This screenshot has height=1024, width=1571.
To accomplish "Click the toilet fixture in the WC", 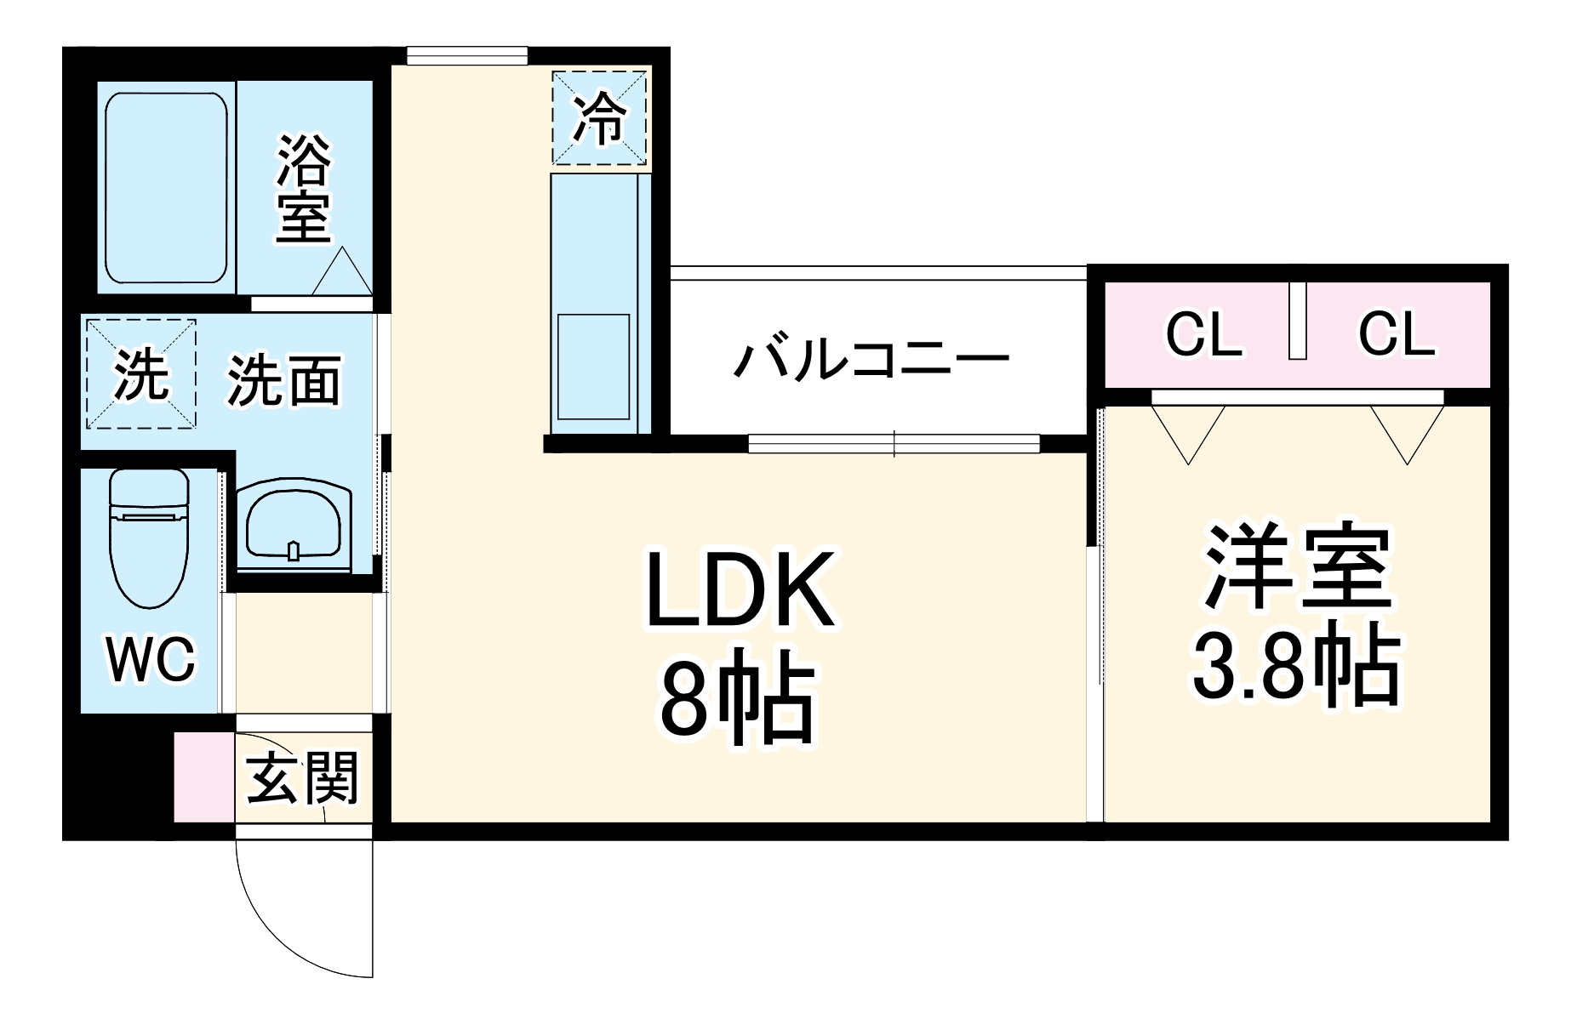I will click(x=149, y=540).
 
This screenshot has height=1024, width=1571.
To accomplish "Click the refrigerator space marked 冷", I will click(x=599, y=118).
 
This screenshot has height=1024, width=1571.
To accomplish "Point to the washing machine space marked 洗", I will click(x=140, y=374).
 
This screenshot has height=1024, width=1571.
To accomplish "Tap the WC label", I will click(x=151, y=658).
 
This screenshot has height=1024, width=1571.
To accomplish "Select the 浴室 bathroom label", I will click(x=302, y=189).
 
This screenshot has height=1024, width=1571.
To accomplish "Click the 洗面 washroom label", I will click(x=284, y=380).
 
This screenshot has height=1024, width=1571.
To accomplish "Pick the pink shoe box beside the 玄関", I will click(x=204, y=777).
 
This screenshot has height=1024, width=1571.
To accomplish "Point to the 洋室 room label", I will click(x=1295, y=567).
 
